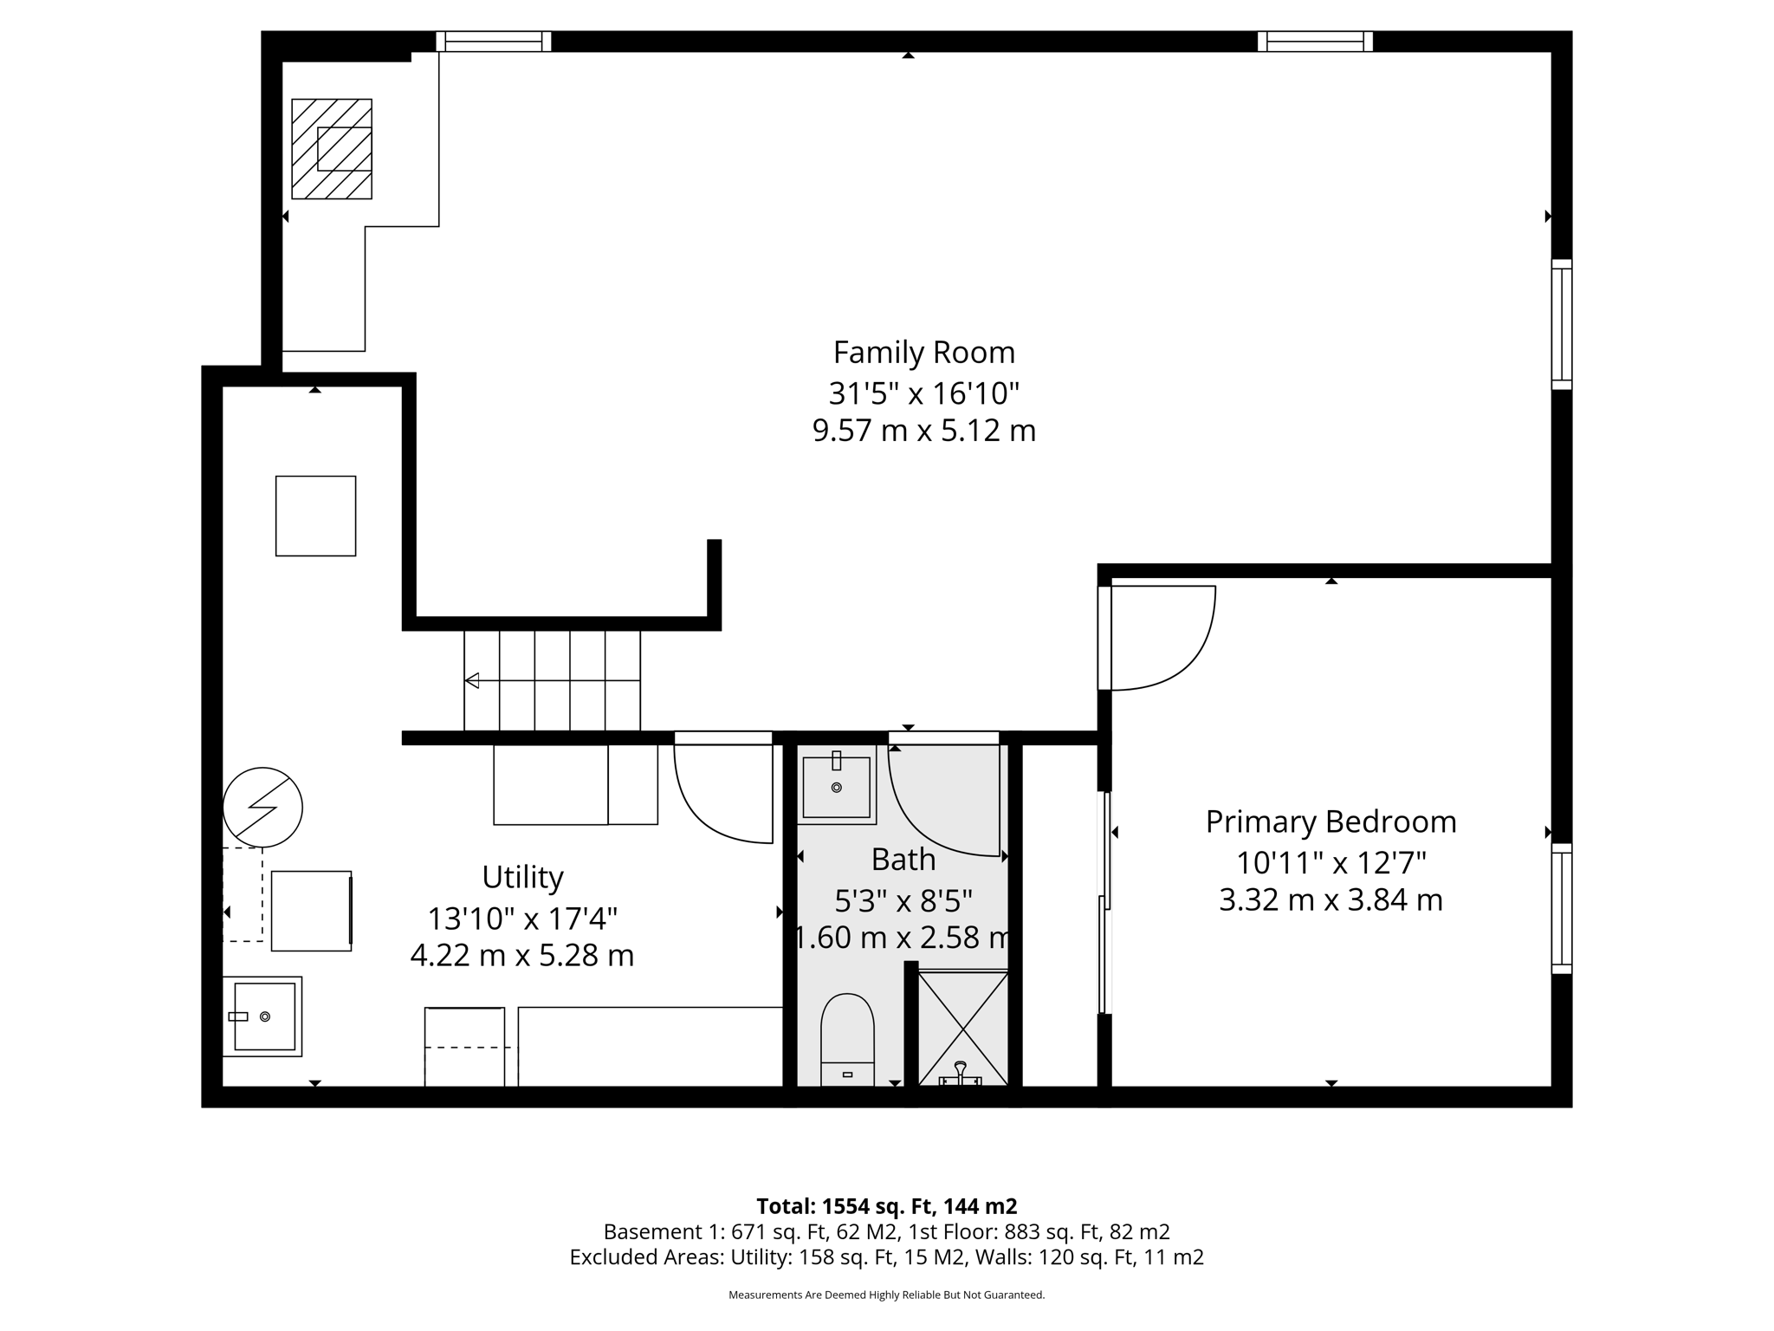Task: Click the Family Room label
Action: pyautogui.click(x=923, y=353)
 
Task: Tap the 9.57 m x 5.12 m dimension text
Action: pyautogui.click(x=923, y=431)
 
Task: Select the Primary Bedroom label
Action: pyautogui.click(x=1330, y=821)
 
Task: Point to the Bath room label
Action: pyautogui.click(x=903, y=860)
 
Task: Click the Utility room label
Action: pyautogui.click(x=522, y=877)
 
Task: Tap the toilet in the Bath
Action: pyautogui.click(x=846, y=1036)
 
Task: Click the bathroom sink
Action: pyautogui.click(x=836, y=785)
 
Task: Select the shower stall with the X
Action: pyautogui.click(x=962, y=1028)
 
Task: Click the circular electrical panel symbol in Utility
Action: pyautogui.click(x=262, y=807)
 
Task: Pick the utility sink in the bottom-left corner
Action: pyautogui.click(x=263, y=1016)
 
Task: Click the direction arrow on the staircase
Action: pyautogui.click(x=472, y=680)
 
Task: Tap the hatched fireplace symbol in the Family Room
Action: pyautogui.click(x=332, y=149)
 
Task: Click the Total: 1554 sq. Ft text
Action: pyautogui.click(x=886, y=1206)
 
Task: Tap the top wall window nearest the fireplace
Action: pyautogui.click(x=493, y=41)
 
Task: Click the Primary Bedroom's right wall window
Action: pyautogui.click(x=1561, y=908)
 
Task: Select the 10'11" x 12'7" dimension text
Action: pyautogui.click(x=1330, y=863)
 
